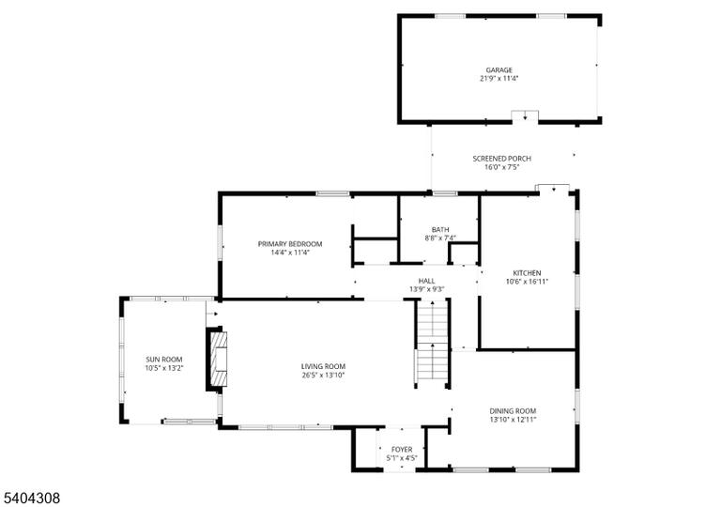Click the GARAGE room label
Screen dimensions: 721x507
499,69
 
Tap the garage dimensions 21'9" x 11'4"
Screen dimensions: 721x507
499,79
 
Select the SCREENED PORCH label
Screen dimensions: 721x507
501,159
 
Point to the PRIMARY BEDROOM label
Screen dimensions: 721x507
290,244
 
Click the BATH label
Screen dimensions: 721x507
440,230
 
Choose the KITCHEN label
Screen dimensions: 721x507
527,273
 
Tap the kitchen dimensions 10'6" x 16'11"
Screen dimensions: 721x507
527,282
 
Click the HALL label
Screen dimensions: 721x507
426,281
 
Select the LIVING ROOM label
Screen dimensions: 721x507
323,366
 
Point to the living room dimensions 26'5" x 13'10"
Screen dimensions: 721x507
323,375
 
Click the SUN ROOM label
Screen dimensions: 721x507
164,360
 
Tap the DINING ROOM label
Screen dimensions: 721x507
513,411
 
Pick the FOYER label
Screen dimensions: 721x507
402,450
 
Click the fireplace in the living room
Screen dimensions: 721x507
217,359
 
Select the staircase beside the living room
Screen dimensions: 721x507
432,345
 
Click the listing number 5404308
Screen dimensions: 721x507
32,498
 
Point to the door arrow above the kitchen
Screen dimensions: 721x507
554,189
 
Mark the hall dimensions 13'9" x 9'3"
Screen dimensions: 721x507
426,289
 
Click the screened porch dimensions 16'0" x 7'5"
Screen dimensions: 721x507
501,167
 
